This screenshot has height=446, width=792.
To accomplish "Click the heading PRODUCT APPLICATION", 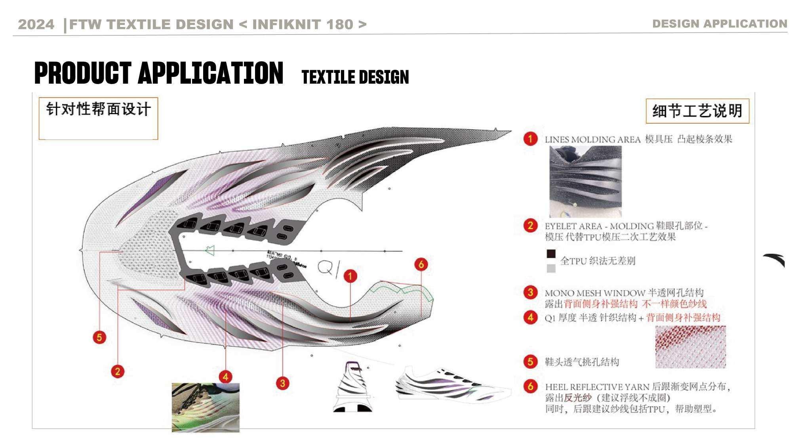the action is coord(159,73).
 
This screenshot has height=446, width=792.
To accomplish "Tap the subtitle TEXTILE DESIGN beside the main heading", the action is coord(355,77).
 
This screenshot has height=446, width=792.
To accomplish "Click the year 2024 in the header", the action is coord(36,24).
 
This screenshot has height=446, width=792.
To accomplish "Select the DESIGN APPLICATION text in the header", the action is coord(720,24).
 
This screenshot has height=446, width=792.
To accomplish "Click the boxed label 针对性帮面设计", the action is coord(98,109).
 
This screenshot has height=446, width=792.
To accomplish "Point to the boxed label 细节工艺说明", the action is coord(697,111).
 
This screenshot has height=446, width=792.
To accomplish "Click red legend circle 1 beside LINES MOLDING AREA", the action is coord(530,139).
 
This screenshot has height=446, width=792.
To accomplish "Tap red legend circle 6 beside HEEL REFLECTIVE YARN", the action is coord(530,386).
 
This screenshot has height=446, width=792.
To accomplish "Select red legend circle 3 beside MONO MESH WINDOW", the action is coord(530,293).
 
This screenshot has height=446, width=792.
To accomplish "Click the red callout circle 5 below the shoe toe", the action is coord(99,337).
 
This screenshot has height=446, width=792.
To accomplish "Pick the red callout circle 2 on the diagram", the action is coord(118,371).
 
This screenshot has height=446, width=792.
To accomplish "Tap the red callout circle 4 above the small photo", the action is coord(226,377).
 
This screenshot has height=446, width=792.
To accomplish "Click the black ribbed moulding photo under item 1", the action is coord(585,181).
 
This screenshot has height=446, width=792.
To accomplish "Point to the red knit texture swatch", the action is coord(690,347).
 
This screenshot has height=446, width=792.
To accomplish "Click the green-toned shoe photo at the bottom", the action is coord(206,407).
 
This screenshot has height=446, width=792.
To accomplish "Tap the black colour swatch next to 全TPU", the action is coord(551,254).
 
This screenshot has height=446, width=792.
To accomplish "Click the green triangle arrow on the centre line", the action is coord(210,251).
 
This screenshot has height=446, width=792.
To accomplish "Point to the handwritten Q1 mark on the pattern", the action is coord(328,268).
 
